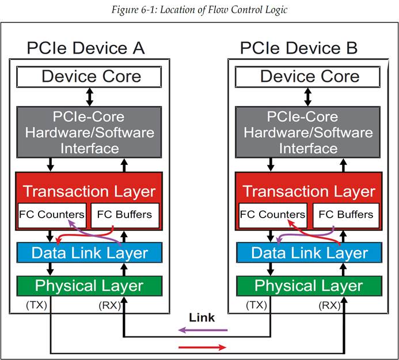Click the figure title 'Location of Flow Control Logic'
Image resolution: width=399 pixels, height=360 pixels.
223,10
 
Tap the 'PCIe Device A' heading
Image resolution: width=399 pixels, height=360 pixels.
86,48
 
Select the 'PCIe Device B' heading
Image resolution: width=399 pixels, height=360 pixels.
299,48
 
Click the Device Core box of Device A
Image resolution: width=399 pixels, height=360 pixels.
89,77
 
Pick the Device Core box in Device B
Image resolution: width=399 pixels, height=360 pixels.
307,77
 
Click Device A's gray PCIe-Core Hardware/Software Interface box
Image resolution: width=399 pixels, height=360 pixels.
89,132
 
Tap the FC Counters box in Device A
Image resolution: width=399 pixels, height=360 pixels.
52,215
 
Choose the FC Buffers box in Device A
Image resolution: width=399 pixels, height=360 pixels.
125,215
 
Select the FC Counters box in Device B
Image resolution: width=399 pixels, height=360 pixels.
273,215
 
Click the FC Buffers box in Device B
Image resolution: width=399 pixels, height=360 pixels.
346,215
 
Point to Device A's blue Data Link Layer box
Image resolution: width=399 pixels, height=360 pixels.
89,252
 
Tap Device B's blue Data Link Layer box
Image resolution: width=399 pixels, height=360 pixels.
309,252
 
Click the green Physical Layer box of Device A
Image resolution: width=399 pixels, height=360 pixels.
89,286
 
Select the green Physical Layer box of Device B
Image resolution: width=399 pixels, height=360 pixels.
309,286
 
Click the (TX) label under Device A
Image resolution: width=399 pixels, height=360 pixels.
37,305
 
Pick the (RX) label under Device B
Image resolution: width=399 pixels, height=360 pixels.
330,305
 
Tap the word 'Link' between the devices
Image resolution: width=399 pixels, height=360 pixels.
202,317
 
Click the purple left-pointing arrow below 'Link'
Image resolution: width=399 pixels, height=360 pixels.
203,331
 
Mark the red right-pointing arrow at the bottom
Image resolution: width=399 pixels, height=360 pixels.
203,347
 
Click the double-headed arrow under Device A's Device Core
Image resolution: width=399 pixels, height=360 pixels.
89,97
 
